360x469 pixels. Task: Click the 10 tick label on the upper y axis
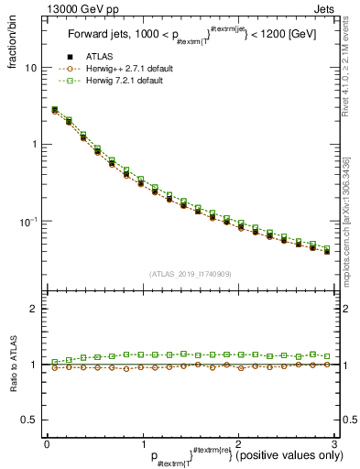tap(30, 69)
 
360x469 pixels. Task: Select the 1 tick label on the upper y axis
tap(34, 145)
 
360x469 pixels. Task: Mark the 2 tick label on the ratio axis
tap(34, 310)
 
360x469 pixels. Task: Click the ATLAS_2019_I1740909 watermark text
tap(191, 273)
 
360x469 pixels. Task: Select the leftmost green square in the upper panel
tap(55, 109)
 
